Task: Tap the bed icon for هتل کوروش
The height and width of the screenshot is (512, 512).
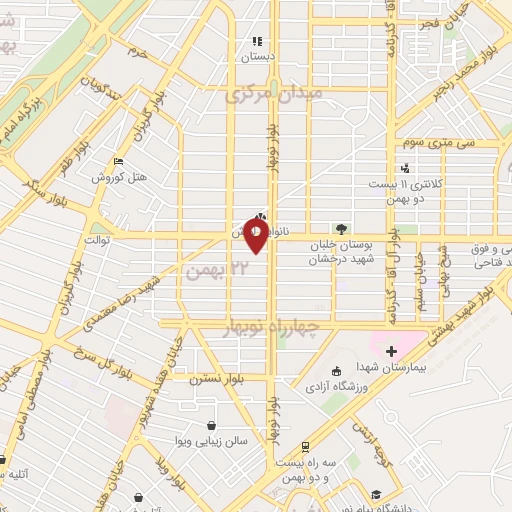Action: (x=120, y=161)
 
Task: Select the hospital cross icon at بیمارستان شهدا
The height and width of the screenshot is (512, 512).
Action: (x=391, y=351)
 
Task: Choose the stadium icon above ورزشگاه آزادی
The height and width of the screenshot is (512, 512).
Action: (x=334, y=368)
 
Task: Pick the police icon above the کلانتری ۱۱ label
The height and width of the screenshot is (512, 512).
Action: (x=406, y=168)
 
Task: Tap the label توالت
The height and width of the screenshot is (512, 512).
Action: (x=98, y=241)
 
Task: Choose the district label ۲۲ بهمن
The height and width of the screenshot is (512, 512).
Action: (x=208, y=271)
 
